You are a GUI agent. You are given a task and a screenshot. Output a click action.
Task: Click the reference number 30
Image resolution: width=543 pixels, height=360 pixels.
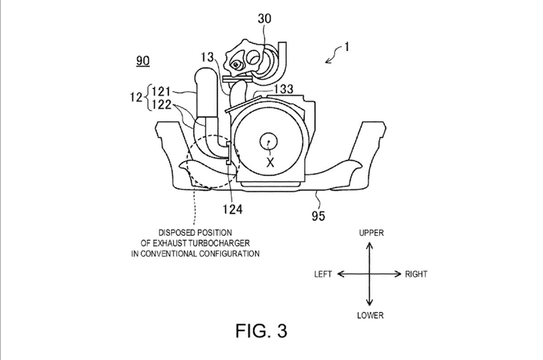click(265, 19)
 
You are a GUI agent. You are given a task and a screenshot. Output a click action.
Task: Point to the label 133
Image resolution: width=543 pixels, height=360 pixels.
click(283, 89)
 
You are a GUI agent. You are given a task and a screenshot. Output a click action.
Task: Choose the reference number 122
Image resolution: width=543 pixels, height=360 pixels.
click(161, 104)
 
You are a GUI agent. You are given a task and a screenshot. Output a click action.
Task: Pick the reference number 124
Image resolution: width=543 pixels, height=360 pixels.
click(232, 209)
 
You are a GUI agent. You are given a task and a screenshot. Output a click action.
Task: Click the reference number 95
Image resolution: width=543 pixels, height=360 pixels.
click(318, 216)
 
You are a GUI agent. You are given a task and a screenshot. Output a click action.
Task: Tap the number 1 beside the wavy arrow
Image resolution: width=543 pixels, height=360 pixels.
click(346, 47)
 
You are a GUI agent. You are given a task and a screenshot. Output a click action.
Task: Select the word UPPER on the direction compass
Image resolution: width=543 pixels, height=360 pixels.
click(371, 233)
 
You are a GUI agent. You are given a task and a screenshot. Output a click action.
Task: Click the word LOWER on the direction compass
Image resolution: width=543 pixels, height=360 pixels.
click(370, 315)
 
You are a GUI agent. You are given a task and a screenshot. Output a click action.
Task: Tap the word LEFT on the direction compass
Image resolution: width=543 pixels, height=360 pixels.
click(323, 274)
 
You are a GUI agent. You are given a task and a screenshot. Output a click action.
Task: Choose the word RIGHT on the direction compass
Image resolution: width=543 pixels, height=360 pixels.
click(416, 274)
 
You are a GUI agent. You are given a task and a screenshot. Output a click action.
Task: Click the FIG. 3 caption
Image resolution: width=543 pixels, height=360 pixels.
click(261, 331)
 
